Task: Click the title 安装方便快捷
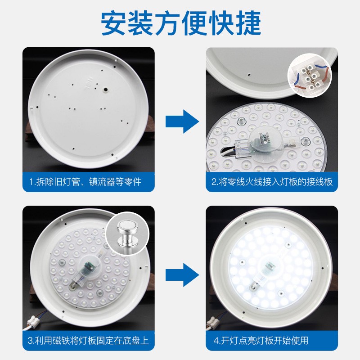point(180,22)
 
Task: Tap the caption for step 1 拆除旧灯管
point(85,182)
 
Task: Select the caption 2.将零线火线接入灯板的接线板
point(272,182)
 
